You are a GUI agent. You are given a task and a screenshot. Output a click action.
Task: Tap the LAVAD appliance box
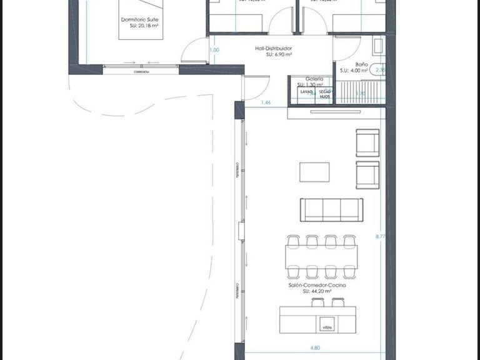pyautogui.click(x=306, y=94)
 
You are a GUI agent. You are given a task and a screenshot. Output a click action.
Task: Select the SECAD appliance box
pyautogui.click(x=324, y=94)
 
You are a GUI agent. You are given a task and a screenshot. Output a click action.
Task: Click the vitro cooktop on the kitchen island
pyautogui.click(x=326, y=326)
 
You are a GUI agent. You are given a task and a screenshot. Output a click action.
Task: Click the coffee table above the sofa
pyautogui.click(x=314, y=172)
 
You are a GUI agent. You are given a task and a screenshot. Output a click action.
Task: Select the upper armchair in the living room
pyautogui.click(x=367, y=142)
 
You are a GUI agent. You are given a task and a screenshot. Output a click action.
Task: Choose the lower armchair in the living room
pyautogui.click(x=367, y=174)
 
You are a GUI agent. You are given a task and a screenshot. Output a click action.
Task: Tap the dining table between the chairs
pyautogui.click(x=321, y=255)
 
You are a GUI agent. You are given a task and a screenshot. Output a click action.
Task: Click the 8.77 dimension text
pyautogui.click(x=380, y=237)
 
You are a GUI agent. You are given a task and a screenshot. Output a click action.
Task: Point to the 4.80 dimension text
pyautogui.click(x=316, y=347)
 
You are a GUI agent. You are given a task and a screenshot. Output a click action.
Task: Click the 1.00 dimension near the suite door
pyautogui.click(x=214, y=50)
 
